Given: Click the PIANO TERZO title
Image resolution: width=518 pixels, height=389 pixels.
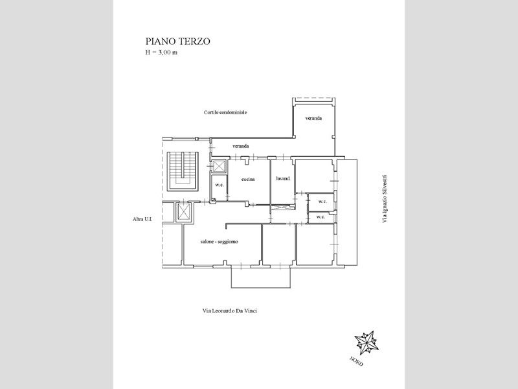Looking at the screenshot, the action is click(177, 41).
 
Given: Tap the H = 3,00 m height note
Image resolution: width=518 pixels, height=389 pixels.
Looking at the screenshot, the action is click(161, 53).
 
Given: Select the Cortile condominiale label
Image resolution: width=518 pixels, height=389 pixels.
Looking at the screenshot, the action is click(225, 112).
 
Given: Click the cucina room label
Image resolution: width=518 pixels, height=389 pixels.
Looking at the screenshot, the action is click(248, 180).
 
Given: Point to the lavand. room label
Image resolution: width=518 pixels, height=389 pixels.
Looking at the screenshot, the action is click(283, 179).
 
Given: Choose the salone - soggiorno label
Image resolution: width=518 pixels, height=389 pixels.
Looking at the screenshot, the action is click(220, 242).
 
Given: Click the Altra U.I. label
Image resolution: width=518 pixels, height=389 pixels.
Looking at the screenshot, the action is click(142, 219).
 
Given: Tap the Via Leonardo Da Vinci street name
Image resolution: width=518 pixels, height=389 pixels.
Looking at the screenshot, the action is click(230, 311).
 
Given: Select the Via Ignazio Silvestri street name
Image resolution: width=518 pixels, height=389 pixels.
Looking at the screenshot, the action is click(384, 199).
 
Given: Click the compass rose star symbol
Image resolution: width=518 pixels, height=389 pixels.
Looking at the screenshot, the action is click(366, 343).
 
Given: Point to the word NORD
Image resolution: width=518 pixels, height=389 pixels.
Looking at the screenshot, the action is click(357, 362).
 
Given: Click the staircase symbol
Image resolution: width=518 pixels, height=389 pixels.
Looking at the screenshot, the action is click(183, 171).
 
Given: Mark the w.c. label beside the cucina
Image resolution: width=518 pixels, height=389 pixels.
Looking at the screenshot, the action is click(220, 185).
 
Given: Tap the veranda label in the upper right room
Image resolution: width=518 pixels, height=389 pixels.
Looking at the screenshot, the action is click(313, 118).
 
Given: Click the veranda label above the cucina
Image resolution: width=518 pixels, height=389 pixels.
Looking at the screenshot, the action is click(240, 147).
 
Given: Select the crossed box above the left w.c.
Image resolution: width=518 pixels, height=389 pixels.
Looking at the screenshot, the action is click(219, 166).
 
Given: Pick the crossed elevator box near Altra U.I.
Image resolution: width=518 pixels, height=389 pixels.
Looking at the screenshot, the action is click(183, 212).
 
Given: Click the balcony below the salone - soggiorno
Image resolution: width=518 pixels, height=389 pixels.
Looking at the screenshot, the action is click(261, 277).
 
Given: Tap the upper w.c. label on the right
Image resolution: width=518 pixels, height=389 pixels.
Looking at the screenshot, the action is click(322, 202).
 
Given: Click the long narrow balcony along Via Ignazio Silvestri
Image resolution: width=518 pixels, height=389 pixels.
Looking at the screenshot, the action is click(347, 212).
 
